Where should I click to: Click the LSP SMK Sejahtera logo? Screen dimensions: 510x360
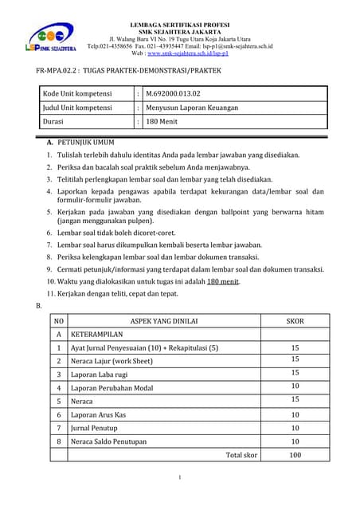[x=50, y=39]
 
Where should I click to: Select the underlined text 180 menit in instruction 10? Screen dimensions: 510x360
[x=223, y=281]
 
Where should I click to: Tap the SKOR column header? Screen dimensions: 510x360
[x=295, y=321]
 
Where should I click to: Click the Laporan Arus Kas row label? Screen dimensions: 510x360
[x=100, y=414]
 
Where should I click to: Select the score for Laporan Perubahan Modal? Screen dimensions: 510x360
[x=295, y=387]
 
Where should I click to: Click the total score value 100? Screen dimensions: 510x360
[x=295, y=454]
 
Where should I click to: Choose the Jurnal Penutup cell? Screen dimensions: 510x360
[x=95, y=428]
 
